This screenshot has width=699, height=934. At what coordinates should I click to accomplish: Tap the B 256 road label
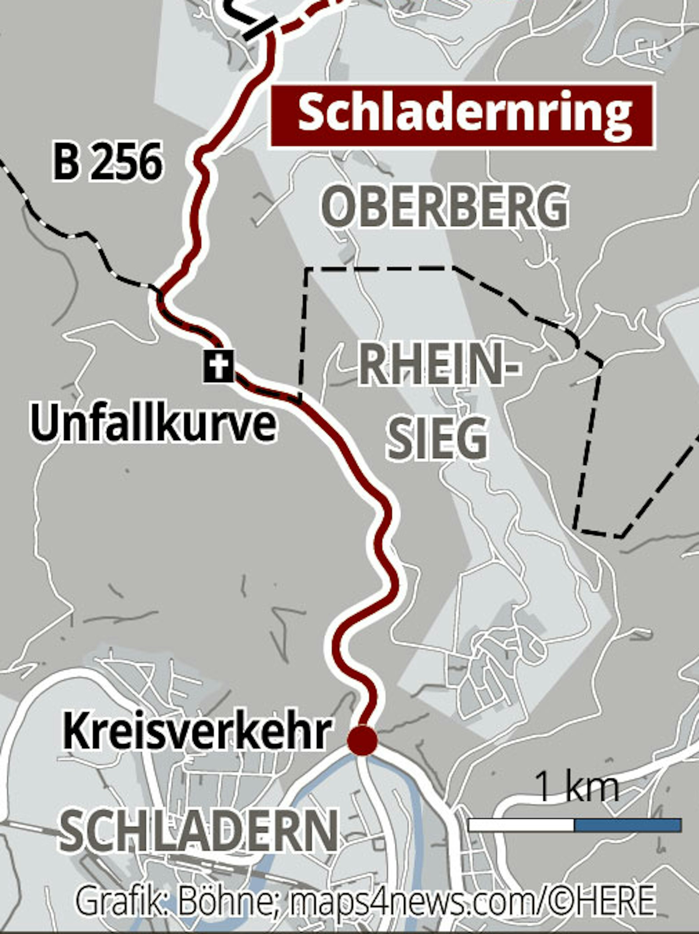[x=108, y=162]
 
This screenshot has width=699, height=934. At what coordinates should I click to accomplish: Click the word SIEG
[x=437, y=439]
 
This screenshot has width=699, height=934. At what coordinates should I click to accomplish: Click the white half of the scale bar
[x=521, y=824]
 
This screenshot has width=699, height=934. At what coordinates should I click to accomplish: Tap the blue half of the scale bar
[x=628, y=824]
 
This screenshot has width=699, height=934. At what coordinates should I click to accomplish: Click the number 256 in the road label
[x=127, y=162]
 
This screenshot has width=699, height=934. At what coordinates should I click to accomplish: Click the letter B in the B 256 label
[x=67, y=162]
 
